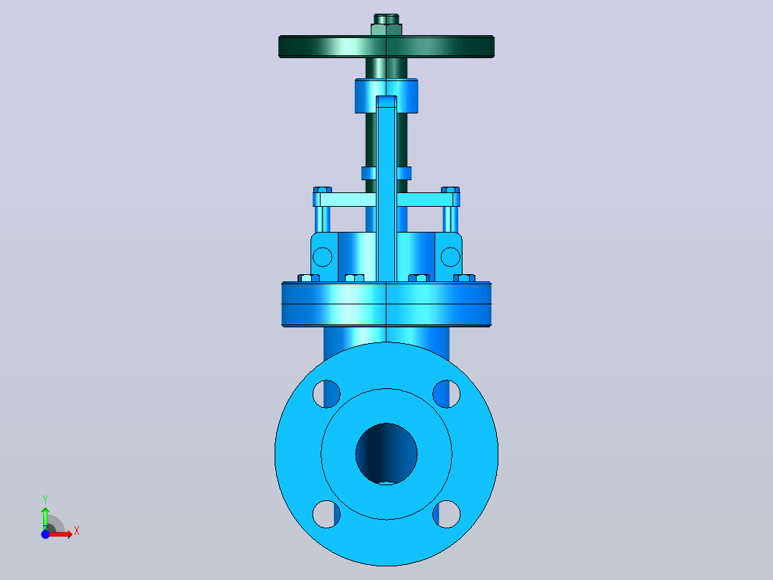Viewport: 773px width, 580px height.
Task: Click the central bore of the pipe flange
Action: click(386, 454)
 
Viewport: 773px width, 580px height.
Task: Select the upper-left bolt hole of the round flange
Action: click(326, 394)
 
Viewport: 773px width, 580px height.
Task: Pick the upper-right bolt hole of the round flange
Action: click(447, 394)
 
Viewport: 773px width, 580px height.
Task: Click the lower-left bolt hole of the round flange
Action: click(326, 514)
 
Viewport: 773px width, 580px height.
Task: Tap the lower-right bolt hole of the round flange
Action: click(447, 514)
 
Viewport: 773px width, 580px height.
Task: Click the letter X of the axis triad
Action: click(77, 531)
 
